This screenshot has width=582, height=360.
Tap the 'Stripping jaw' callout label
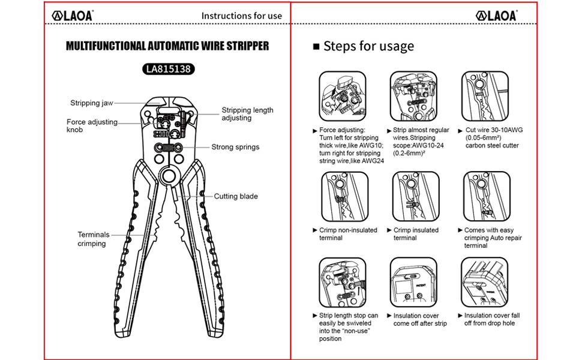click(92, 103)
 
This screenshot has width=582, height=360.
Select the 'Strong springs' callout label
click(235, 147)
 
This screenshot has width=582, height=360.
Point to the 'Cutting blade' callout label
click(236, 196)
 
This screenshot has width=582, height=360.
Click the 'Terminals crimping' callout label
click(94, 239)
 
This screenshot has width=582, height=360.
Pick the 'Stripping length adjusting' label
click(247, 114)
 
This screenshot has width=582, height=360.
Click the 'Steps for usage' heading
click(368, 46)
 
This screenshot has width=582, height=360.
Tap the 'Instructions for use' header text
click(241, 16)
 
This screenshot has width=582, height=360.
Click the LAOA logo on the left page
click(74, 16)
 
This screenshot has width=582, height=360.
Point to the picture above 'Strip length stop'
click(343, 281)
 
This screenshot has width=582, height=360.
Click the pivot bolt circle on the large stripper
click(167, 176)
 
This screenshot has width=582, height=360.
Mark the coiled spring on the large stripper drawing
click(167, 148)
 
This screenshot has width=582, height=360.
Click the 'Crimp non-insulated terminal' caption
click(348, 234)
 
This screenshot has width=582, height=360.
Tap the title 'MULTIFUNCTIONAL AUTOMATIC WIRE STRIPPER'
click(167, 46)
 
